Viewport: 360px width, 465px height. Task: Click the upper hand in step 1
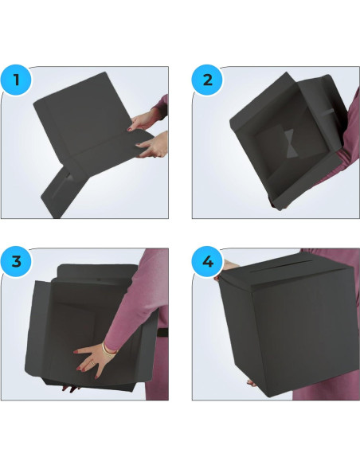(x=143, y=122)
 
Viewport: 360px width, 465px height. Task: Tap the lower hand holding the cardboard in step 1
(x=151, y=147)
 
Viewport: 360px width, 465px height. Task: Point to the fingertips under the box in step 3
(x=70, y=389)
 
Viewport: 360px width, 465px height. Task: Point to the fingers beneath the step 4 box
(x=252, y=383)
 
